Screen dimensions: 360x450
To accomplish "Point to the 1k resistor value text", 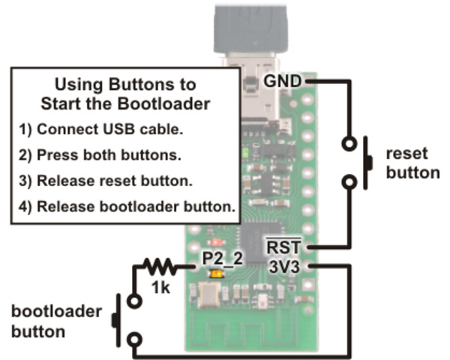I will point(159,286).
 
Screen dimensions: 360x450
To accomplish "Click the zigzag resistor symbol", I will point(159,266).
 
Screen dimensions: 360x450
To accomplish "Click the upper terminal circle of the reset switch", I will point(349,142).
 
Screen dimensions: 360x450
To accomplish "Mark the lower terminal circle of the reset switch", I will point(349,182).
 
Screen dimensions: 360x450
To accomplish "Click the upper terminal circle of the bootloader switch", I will point(134,302).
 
